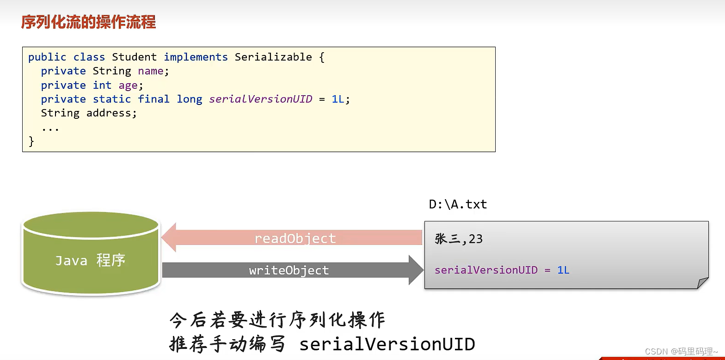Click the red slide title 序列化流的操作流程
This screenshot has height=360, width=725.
coord(88,22)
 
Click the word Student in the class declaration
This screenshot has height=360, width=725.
coord(134,57)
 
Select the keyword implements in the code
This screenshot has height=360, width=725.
coord(196,57)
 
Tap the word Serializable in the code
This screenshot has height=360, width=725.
coord(273,57)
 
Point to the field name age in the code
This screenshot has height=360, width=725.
coord(128,85)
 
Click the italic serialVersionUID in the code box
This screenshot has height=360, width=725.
coord(260,99)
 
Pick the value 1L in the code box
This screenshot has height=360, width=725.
coord(338,99)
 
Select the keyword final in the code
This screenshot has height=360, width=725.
coord(154,99)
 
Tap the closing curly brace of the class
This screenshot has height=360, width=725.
coord(31,141)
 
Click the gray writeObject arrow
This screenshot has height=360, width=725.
coord(291,270)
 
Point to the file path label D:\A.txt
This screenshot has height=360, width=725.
coord(458,204)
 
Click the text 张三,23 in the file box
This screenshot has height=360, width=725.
coord(459,239)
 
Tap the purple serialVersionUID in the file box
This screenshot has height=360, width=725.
coord(486,270)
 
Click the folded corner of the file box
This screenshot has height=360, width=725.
coord(702,283)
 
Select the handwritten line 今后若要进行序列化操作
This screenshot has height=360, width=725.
coord(277,320)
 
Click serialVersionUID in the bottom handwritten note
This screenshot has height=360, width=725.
coord(387,344)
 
